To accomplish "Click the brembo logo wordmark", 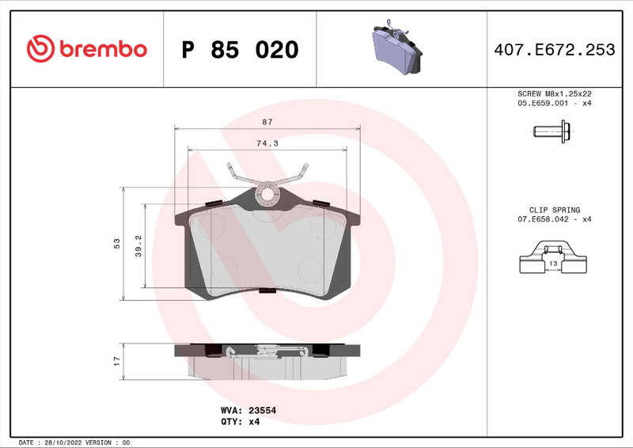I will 86,49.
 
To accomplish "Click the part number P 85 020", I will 241,50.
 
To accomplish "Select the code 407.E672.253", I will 554,50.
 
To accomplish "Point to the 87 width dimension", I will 267,122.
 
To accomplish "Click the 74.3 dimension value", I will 267,143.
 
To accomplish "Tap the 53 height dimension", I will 116,243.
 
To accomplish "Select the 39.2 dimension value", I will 138,245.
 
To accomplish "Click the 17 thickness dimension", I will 116,360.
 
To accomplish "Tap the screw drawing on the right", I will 548,132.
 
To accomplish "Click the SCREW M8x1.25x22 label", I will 554,93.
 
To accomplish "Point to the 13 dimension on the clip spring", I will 554,263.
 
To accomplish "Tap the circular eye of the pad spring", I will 267,192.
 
